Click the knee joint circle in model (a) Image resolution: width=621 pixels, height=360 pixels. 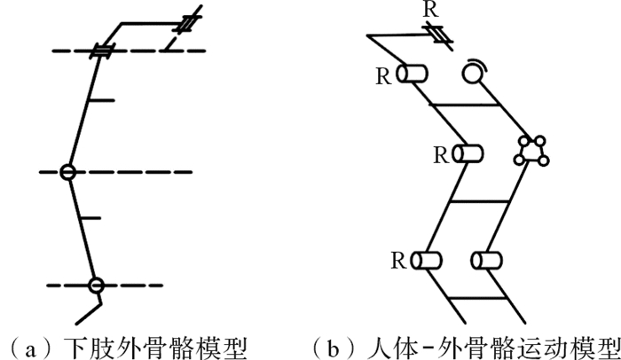click(x=67, y=172)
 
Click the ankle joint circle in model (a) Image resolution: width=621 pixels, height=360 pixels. click(x=96, y=286)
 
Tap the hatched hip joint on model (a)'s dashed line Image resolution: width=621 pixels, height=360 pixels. click(x=102, y=51)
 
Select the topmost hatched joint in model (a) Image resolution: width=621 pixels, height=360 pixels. click(x=188, y=23)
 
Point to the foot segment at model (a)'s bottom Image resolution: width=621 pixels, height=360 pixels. click(x=89, y=313)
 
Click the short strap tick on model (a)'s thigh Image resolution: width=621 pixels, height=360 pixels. click(x=101, y=100)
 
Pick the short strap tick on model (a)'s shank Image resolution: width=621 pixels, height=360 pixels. click(x=90, y=218)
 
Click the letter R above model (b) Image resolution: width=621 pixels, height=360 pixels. click(x=431, y=10)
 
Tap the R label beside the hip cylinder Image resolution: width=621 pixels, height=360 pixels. click(x=383, y=76)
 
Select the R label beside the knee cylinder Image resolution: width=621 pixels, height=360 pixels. click(x=442, y=155)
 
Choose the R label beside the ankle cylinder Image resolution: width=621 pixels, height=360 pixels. click(x=399, y=261)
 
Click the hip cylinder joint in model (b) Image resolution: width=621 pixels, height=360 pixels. click(x=412, y=74)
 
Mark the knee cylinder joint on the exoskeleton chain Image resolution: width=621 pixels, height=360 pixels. click(x=468, y=153)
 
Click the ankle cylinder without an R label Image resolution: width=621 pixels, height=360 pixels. click(x=487, y=261)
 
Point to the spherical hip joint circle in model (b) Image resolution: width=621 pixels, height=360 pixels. click(x=473, y=74)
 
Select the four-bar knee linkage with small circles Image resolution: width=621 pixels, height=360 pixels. click(x=531, y=151)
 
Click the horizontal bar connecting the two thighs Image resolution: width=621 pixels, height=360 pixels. click(x=464, y=105)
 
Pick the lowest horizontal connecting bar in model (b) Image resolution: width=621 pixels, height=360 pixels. click(x=478, y=298)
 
